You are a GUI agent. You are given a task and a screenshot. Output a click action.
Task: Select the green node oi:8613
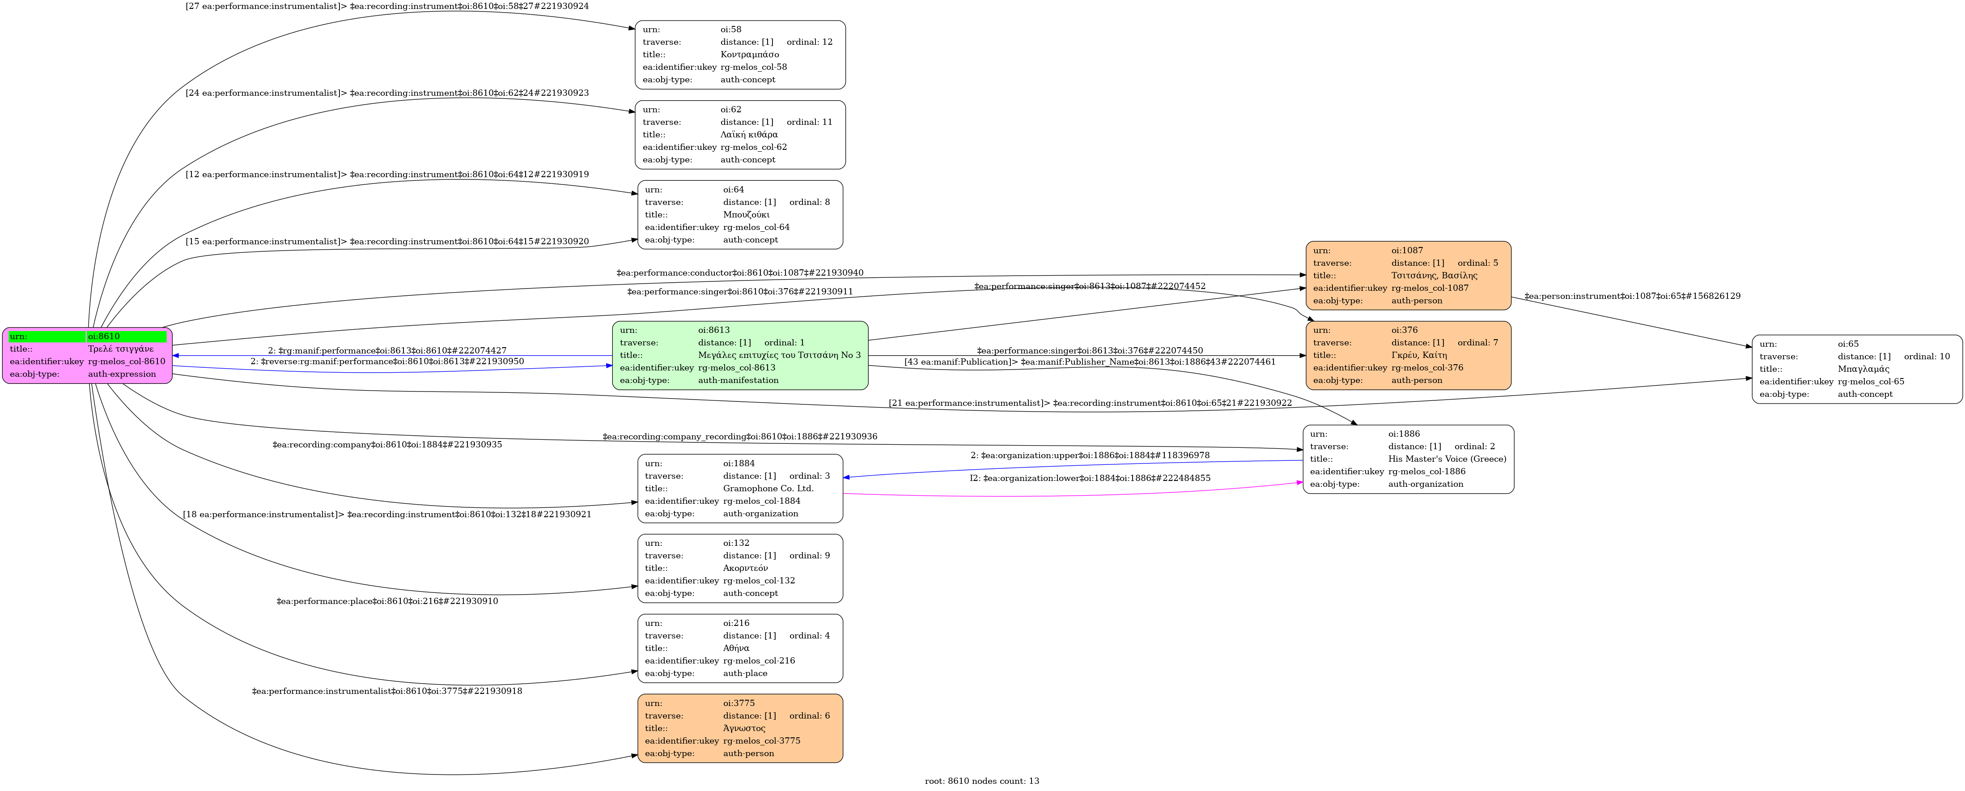click(x=740, y=355)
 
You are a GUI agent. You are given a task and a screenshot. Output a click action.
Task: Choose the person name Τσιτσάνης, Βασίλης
click(x=1434, y=275)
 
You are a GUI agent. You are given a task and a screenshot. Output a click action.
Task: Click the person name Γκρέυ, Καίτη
click(x=1419, y=355)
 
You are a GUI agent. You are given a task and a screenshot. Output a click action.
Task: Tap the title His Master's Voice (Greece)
click(x=1447, y=459)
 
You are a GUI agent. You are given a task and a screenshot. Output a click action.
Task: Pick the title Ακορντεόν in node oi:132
click(x=745, y=568)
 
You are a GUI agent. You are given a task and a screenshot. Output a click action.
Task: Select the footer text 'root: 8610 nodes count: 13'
click(x=982, y=781)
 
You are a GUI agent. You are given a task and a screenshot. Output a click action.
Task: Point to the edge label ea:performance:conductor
click(x=740, y=273)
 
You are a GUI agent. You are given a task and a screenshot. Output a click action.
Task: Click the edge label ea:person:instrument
click(x=1632, y=296)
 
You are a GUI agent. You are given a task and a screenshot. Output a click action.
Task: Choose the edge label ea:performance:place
click(x=387, y=601)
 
